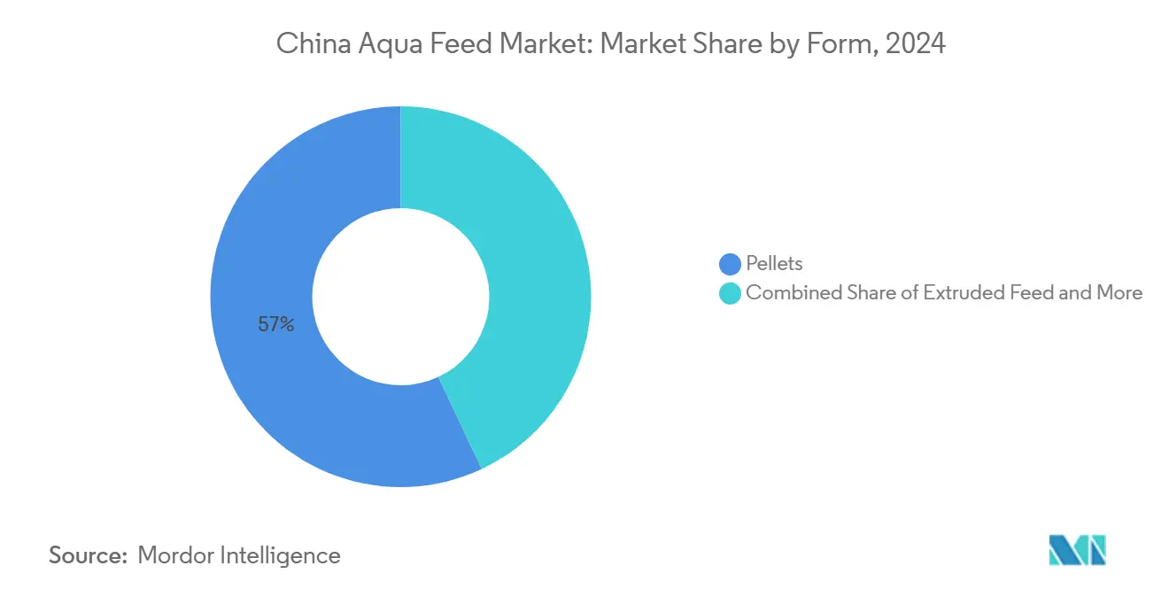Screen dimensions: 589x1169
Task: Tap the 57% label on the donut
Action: click(x=275, y=325)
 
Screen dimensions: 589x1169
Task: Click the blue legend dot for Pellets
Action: click(x=730, y=264)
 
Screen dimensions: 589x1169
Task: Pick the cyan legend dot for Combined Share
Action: click(x=730, y=293)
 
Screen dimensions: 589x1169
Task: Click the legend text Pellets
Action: click(x=774, y=264)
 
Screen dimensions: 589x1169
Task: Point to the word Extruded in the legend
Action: click(x=959, y=293)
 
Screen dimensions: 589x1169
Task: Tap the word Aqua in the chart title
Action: click(x=380, y=43)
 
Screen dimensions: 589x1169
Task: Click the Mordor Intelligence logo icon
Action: click(x=1077, y=550)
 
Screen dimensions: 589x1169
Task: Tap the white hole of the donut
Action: click(x=400, y=297)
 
